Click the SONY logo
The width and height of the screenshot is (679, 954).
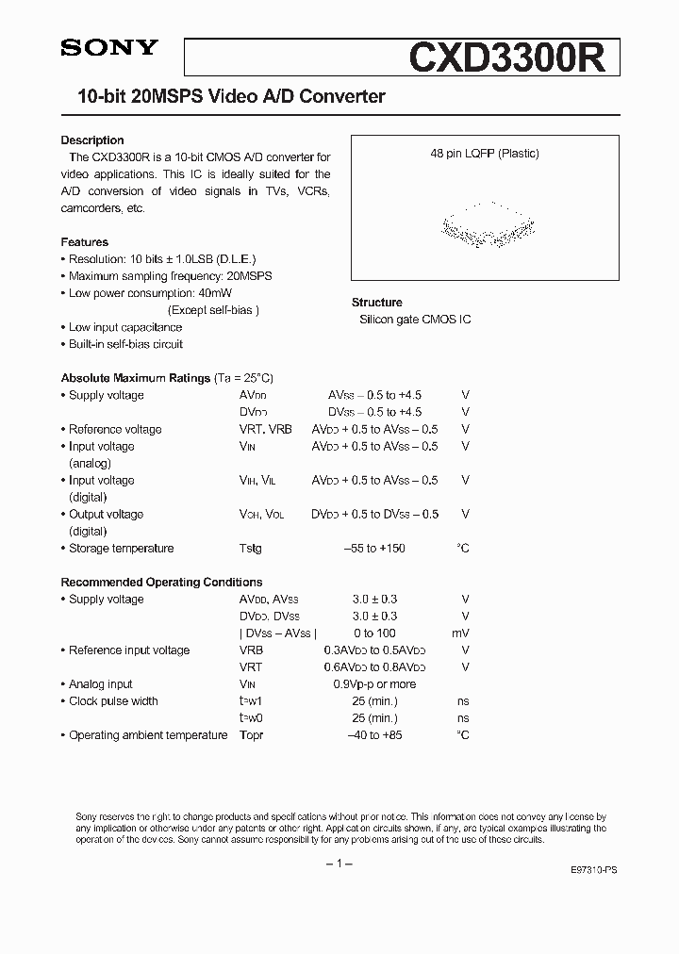coord(109,48)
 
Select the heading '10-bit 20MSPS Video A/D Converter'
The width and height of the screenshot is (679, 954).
coord(224,97)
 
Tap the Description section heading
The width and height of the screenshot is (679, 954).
coord(92,140)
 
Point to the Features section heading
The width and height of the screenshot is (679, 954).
coord(85,242)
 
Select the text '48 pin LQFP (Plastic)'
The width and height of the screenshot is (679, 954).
coord(485,154)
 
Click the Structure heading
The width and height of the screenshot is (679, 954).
coord(377,303)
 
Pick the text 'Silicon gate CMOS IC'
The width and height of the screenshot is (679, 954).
coord(415,320)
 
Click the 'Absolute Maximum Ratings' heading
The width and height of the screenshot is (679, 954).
coord(136,378)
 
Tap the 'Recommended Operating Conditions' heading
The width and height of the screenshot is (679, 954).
coord(161,582)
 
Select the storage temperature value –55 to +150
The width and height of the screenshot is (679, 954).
coord(374,548)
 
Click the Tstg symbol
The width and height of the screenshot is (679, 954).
coord(251,548)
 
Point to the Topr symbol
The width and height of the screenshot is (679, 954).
coord(252,734)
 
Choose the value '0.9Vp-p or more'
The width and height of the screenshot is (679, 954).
coord(374,683)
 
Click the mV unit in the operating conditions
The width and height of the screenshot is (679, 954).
coord(460,633)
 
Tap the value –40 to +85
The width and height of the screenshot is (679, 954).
coord(374,734)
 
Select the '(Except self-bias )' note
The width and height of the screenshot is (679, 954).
coord(213,310)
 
